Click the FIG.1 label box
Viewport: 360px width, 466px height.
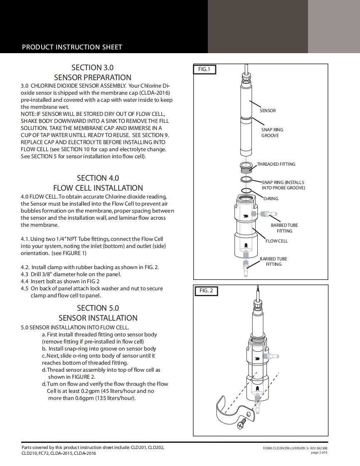coord(205,69)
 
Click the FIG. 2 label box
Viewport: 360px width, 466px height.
coord(206,291)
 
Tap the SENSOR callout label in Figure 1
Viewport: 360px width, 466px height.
coord(268,110)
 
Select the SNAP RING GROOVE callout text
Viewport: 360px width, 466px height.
coord(272,132)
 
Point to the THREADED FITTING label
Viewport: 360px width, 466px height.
coord(276,164)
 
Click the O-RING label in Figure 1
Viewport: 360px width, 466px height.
coord(271,199)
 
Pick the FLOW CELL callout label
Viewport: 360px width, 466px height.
coord(277,241)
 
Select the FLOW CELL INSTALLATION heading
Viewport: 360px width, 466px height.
coord(98,188)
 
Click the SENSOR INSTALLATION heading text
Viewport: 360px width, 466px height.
coord(98,318)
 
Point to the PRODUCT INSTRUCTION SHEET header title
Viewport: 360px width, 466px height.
coord(72,47)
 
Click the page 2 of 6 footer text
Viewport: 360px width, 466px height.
coord(319,452)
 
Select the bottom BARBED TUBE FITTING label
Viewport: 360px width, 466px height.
coord(274,261)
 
